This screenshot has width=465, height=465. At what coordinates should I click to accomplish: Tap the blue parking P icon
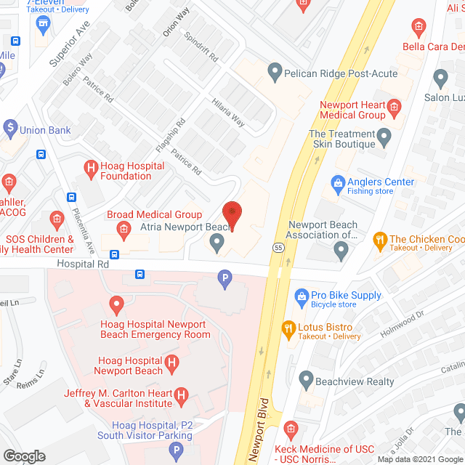point(225,277)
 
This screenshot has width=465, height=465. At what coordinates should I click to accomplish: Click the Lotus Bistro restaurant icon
point(288,328)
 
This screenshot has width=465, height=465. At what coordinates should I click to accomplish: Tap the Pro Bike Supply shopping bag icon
point(302,296)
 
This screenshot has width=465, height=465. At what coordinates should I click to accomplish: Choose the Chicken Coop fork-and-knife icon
point(379,239)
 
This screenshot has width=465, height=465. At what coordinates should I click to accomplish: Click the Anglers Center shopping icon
point(337,182)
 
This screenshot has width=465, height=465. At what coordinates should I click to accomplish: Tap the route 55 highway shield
point(280,248)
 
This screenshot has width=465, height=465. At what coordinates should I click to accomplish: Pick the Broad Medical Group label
point(154,214)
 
